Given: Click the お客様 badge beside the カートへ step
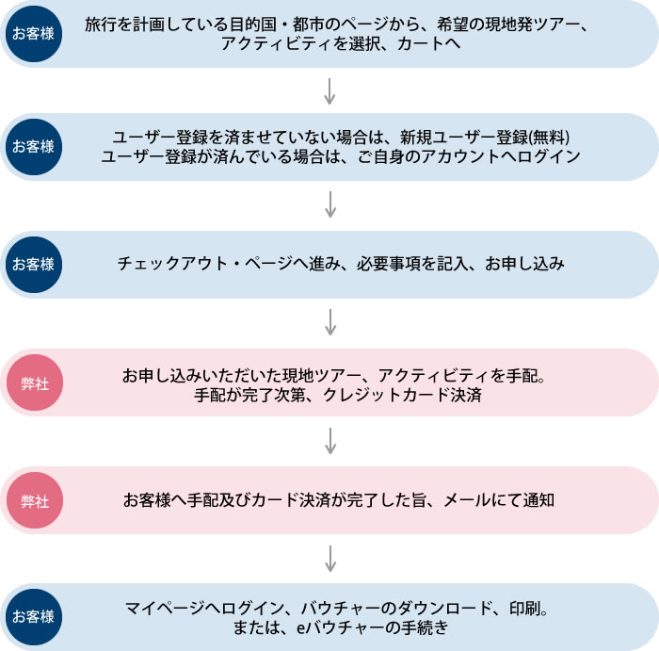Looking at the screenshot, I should [x=33, y=34].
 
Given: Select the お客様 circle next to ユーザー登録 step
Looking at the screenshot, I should [x=33, y=147].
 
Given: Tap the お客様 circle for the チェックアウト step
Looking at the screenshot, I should [x=33, y=265].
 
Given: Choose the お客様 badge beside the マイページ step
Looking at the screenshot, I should [x=33, y=617].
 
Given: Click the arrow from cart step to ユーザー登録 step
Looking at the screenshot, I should [x=329, y=90].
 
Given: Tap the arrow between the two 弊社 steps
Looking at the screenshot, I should [x=329, y=441].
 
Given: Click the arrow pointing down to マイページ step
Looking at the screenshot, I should [x=329, y=558].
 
